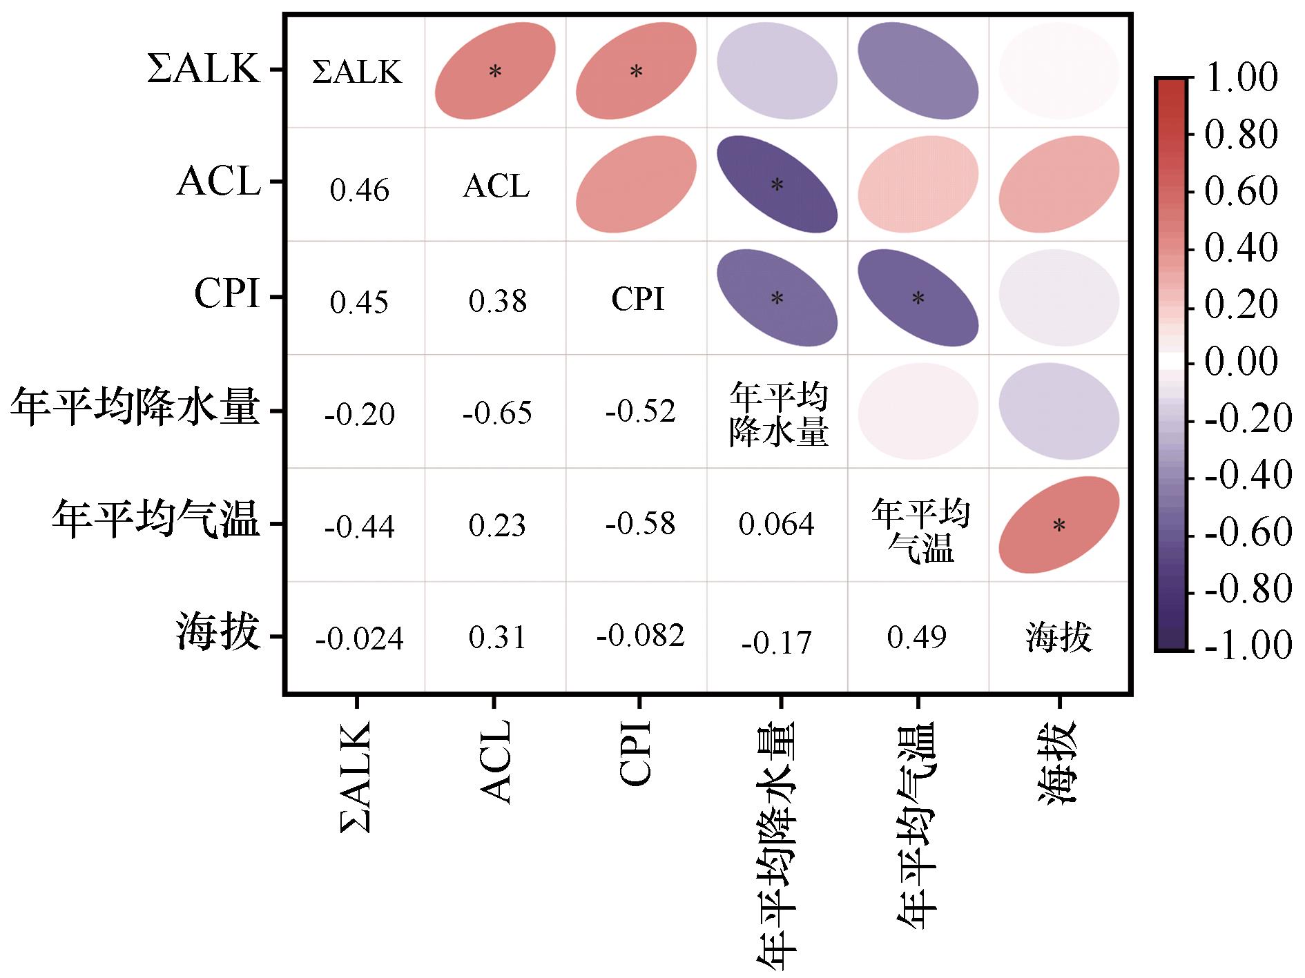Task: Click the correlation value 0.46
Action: point(359,190)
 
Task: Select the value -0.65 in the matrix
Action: point(497,413)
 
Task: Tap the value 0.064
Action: point(776,525)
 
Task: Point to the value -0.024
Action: point(359,638)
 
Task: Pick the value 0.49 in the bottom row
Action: point(916,637)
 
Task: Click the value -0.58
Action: point(640,524)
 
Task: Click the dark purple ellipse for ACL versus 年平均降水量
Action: point(777,184)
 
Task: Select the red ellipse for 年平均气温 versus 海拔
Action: point(1058,525)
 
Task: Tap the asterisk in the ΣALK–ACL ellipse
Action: point(495,71)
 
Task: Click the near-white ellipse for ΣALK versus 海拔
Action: point(1058,70)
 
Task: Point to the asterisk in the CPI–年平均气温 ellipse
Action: point(918,298)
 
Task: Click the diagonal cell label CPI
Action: point(638,300)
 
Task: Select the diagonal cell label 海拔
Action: point(1058,638)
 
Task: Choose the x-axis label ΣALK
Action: point(356,776)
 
